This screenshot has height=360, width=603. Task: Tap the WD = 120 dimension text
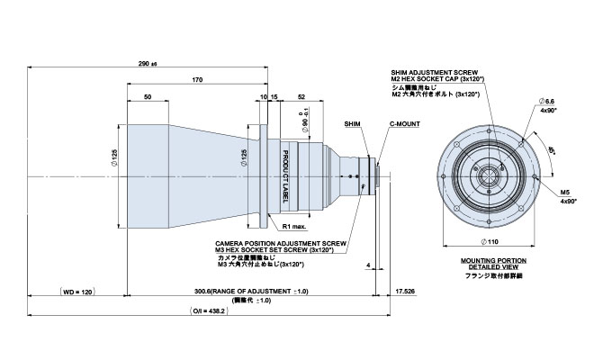click(x=77, y=292)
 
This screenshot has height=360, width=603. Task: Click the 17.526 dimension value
click(x=408, y=292)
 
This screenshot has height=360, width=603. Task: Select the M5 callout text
click(x=565, y=193)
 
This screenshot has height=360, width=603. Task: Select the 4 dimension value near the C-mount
click(x=371, y=265)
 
